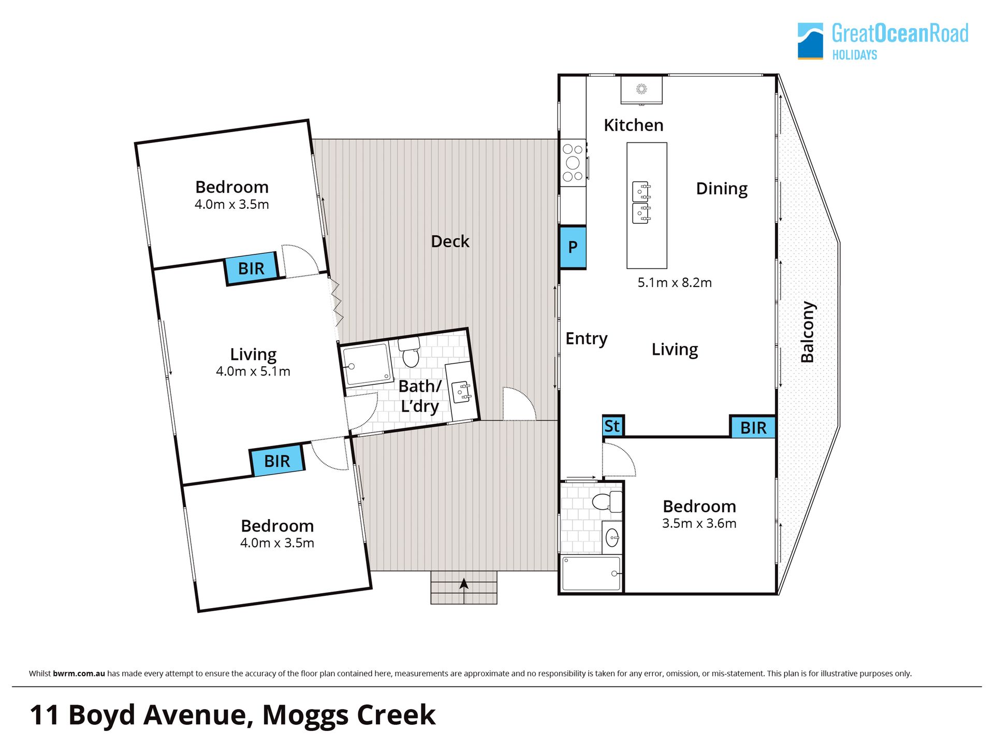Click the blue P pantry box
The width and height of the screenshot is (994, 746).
point(573,247)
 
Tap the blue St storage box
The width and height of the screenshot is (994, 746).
point(613,426)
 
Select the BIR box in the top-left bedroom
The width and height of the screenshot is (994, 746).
point(252,268)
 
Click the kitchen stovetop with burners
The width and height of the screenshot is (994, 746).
point(573,163)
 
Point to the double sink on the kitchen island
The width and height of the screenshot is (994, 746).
point(641,203)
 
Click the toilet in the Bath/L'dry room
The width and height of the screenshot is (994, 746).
point(410,352)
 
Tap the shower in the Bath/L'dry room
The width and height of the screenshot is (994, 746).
point(368,365)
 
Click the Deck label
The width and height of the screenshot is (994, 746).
point(450,241)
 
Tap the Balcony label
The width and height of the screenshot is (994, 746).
point(808,332)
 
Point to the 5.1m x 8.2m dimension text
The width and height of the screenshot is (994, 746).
point(675,282)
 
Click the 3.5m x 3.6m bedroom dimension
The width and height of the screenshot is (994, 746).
point(699,523)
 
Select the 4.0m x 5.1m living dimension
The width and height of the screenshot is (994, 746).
point(253,371)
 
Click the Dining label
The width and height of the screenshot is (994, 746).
point(722,189)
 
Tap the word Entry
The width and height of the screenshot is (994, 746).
point(586,339)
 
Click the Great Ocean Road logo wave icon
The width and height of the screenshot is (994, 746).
point(810,41)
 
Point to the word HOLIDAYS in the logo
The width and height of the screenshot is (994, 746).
point(855,55)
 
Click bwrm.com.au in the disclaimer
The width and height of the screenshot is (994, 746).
point(79,673)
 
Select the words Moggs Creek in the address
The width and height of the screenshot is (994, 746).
point(349,715)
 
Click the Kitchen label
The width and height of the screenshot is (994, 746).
point(634,125)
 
